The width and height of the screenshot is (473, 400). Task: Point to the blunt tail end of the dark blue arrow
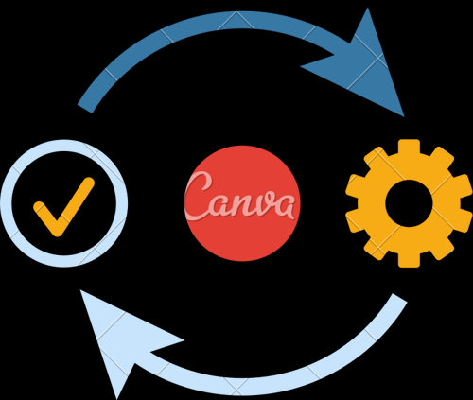coord(85,109)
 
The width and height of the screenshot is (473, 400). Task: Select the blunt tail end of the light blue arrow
coord(400,298)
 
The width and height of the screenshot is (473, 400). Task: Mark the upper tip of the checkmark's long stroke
coord(89,183)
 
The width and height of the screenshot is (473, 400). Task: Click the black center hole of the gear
coord(409,203)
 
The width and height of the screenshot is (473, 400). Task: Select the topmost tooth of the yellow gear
coord(409,147)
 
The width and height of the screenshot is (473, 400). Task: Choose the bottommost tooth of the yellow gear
coord(409,260)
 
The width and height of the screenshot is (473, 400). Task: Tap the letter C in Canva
coord(198,196)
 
